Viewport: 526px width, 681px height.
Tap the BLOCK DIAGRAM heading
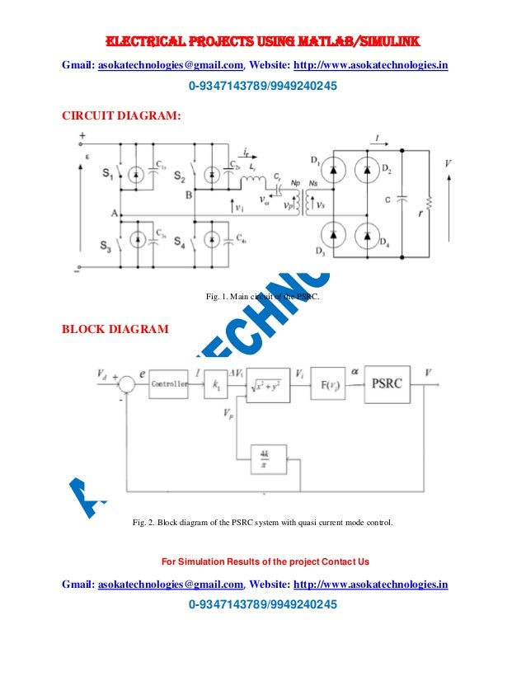tap(116, 330)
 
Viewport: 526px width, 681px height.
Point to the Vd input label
tap(102, 375)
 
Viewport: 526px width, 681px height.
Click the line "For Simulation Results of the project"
tap(265, 562)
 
